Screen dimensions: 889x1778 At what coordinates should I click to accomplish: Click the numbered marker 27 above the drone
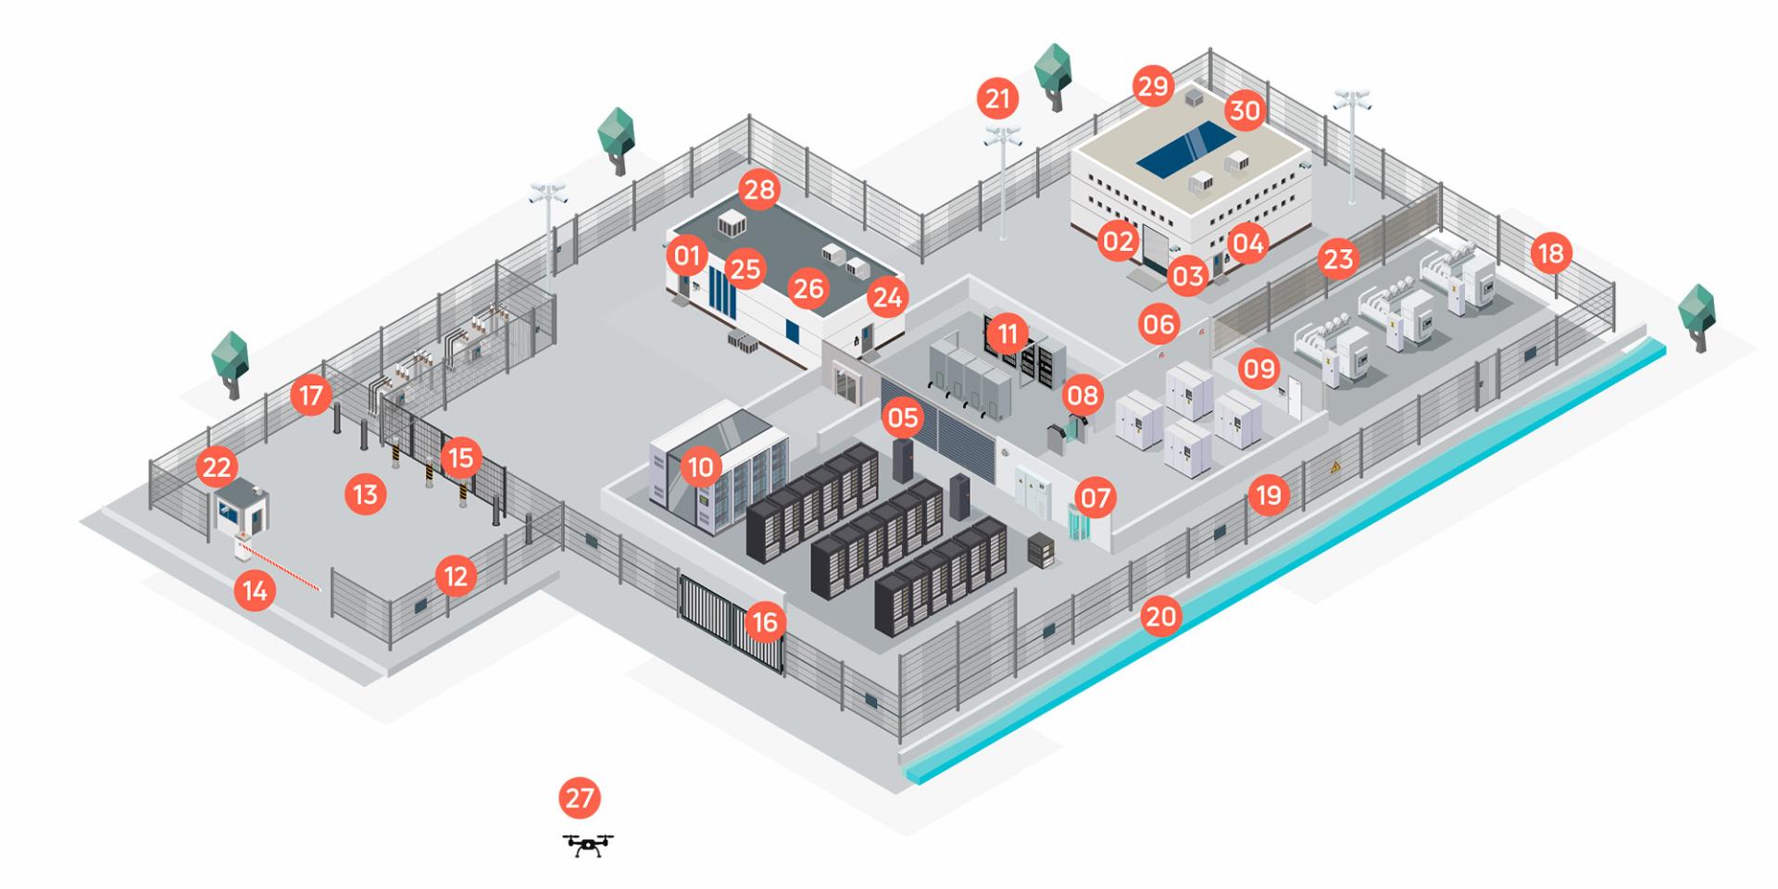coord(580,798)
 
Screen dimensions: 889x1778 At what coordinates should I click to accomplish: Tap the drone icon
coord(588,845)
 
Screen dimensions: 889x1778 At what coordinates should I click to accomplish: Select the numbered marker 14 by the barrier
coord(255,590)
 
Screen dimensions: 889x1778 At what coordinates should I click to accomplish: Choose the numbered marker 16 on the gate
coord(764,622)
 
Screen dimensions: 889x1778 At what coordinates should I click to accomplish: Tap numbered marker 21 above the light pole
coord(997,98)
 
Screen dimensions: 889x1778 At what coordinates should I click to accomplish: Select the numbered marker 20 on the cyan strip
coord(1160,616)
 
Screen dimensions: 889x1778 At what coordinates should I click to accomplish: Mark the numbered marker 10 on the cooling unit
coord(701,468)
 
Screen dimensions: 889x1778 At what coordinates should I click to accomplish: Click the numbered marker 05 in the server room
coord(902,418)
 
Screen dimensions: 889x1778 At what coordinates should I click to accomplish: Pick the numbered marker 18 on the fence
coord(1551,253)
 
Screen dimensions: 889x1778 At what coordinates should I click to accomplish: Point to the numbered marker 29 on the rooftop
coord(1154,87)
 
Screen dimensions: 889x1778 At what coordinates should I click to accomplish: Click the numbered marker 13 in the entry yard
coord(366,495)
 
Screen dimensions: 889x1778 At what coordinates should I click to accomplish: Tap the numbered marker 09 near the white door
coord(1259,369)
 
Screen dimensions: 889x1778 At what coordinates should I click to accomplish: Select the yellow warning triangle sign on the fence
coord(1334,468)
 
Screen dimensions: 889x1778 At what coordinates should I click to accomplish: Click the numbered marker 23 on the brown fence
coord(1338,258)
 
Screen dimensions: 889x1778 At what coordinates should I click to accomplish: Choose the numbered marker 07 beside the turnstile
coord(1096,498)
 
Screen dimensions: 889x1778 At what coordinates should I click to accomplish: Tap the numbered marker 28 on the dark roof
coord(759,190)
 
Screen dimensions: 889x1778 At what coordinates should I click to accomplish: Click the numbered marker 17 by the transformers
coord(311,396)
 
